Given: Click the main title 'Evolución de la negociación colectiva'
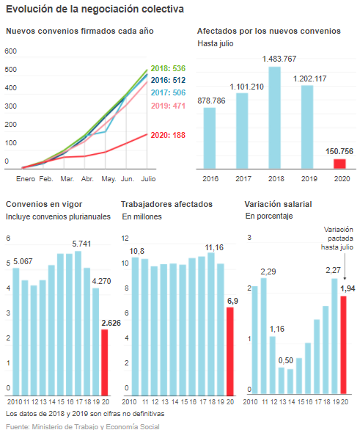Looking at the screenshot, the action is coord(95,10).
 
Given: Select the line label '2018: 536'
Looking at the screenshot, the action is coord(168,68).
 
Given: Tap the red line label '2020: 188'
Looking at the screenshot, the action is coord(168,135).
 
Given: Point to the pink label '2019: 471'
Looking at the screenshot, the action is coord(168,106).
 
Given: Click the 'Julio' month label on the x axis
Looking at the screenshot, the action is coord(148,179).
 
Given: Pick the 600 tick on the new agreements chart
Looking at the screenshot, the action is coord(11,51).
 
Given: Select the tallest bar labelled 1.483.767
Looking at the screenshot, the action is coord(274,117).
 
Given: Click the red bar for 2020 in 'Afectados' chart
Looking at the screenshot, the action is coord(339,164).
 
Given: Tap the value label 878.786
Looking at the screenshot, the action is coord(211,101).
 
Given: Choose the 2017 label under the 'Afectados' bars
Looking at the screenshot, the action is coord(243,179).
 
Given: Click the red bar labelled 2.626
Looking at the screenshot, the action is coord(105,362).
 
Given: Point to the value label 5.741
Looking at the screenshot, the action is coord(81,244).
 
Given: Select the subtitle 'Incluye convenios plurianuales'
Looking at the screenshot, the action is coord(58,216).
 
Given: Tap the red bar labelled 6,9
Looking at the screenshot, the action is coord(230,351).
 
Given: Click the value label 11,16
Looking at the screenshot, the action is coord(214,247).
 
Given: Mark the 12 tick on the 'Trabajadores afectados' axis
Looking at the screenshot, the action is coord(125,238).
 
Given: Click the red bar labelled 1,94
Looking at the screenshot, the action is coord(344,345).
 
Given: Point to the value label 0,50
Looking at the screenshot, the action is coord(286,360).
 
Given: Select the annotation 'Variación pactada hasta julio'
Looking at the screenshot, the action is coord(337,238).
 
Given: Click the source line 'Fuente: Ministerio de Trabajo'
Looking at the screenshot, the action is coord(82,427).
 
